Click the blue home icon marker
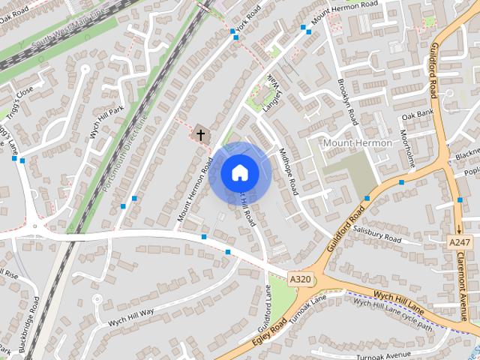239,172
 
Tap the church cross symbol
200,135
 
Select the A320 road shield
300,279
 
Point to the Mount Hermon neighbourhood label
357,142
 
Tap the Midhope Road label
288,171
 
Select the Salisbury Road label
378,236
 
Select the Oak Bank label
418,115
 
